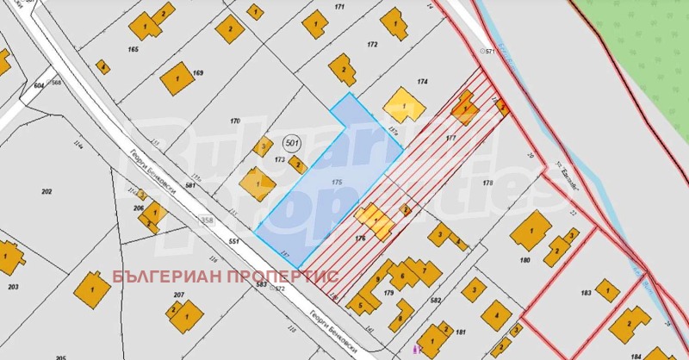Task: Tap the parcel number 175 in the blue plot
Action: coord(337,183)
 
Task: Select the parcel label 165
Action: coord(133,50)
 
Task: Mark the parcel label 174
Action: coord(422,82)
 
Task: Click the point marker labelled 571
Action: coord(489,53)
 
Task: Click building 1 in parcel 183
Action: coord(607,290)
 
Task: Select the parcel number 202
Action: coord(47,191)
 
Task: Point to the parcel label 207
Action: coord(178,295)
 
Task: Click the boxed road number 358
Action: coord(207,221)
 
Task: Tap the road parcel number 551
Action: coord(233,242)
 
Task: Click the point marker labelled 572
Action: coord(277,289)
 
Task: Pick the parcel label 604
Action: coord(39,86)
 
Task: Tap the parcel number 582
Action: coord(435,301)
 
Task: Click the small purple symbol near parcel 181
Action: coord(417,350)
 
